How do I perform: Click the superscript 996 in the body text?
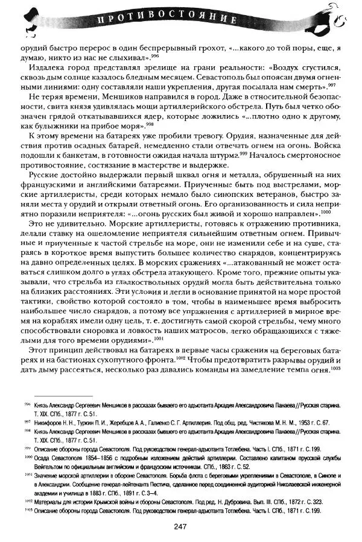coord(154,55)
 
